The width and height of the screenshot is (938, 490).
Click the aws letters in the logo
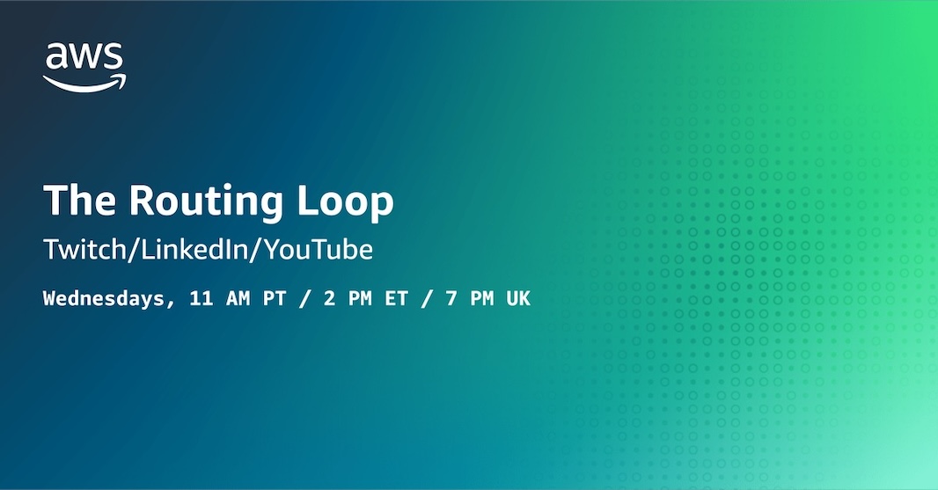click(x=84, y=58)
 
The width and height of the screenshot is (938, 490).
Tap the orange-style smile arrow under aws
click(x=84, y=83)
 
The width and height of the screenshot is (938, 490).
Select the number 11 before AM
click(x=201, y=298)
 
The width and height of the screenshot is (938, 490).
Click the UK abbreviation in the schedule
click(x=518, y=298)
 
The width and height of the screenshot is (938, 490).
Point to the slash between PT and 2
click(x=304, y=298)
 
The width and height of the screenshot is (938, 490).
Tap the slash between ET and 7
click(x=427, y=298)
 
